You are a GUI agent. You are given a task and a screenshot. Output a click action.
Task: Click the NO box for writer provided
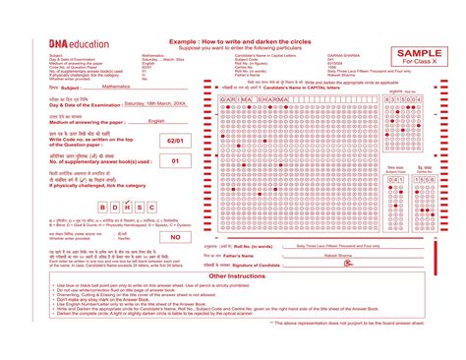pos(175,237)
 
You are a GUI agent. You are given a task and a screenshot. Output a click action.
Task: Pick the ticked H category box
pos(126,207)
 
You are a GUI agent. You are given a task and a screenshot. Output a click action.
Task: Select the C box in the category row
pos(151,207)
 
